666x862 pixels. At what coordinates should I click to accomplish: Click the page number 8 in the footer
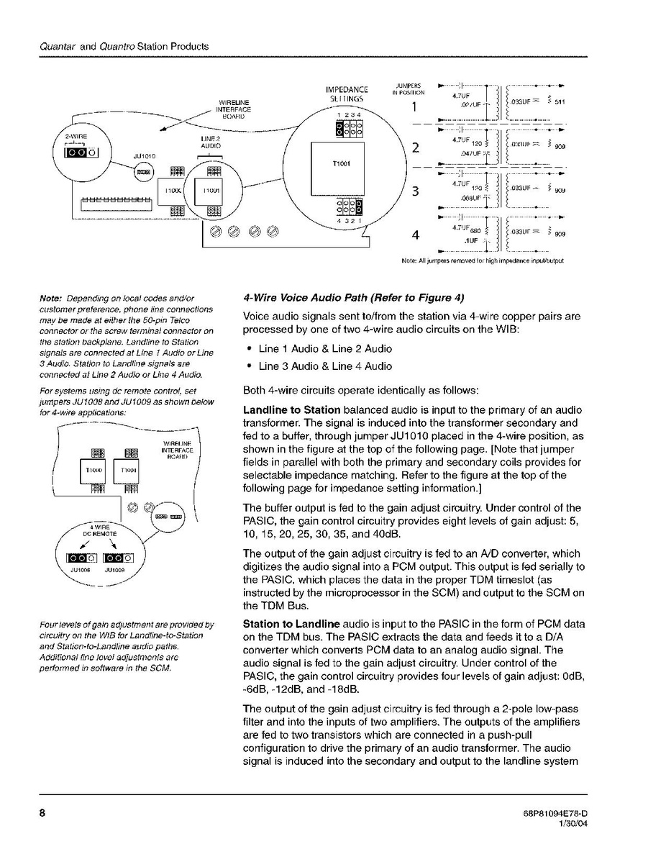[42, 813]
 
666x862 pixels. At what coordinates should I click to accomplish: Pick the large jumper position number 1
[414, 108]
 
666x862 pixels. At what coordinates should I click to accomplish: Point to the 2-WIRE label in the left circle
[75, 135]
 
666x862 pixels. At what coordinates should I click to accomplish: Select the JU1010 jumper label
[145, 155]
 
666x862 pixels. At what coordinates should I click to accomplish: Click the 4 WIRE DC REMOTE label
[95, 531]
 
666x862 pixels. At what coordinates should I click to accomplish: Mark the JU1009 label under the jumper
[116, 569]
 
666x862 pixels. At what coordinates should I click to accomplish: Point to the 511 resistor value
[560, 102]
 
